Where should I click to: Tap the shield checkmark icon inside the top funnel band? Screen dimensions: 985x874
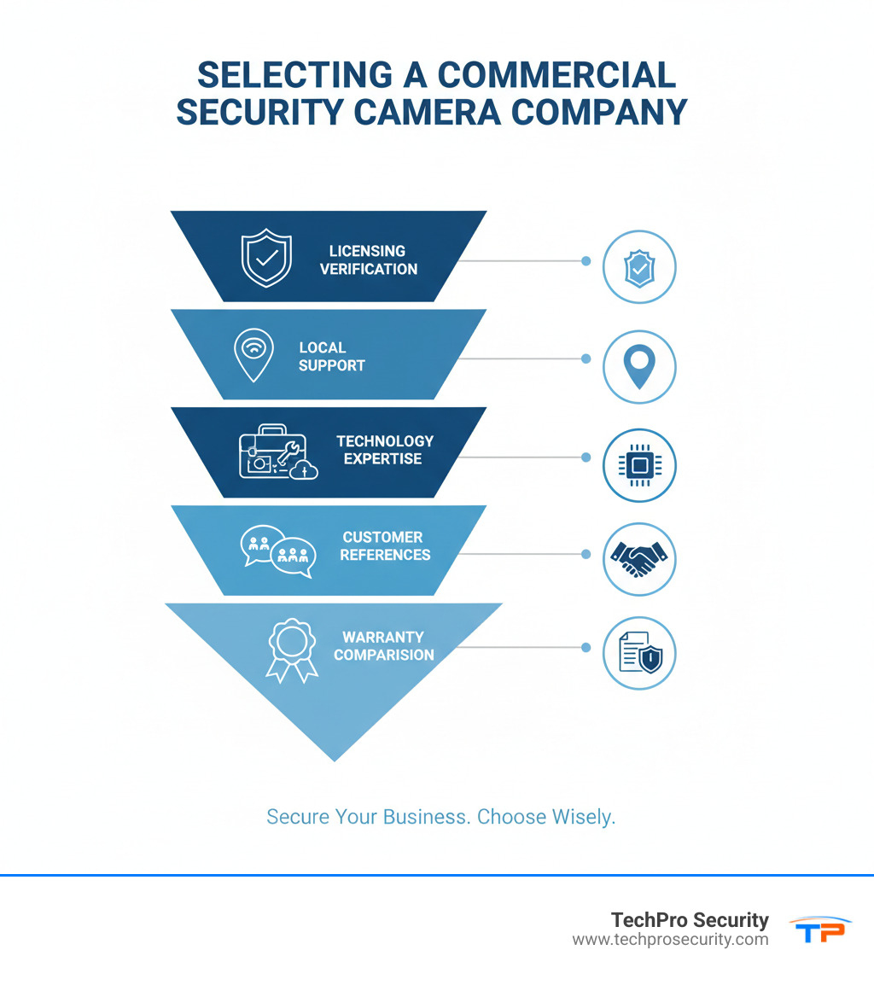tap(266, 257)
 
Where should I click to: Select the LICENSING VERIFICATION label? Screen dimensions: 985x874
tap(369, 260)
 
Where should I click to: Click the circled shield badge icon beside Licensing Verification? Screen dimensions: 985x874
tap(639, 267)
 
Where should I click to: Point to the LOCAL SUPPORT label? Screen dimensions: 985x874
tap(332, 357)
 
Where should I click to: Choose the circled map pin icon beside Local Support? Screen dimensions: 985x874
tap(639, 366)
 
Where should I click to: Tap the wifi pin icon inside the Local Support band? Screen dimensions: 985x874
tap(253, 354)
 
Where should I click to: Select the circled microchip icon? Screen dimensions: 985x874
tap(639, 465)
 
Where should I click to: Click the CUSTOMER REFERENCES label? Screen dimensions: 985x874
tap(385, 546)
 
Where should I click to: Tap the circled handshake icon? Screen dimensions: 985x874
tap(639, 559)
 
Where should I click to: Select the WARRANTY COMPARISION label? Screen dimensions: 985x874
tap(384, 646)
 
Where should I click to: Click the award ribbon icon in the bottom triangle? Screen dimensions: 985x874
tap(292, 650)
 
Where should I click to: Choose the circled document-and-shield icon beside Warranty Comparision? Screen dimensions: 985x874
tap(639, 654)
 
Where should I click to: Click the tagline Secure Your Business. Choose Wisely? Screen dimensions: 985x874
tap(440, 817)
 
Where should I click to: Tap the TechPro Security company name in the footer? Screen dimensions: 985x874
tap(690, 920)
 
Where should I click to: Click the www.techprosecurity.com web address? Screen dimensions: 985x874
tap(670, 940)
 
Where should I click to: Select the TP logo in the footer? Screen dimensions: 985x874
tap(820, 930)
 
